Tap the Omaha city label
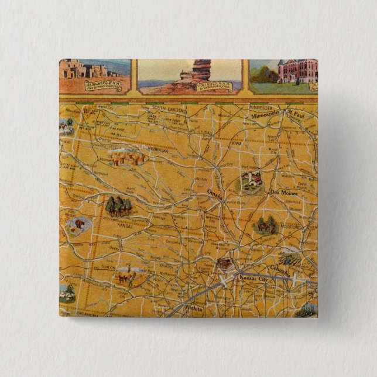pos(215,192)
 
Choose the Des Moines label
pos(284,193)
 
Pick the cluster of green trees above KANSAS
pos(118,205)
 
